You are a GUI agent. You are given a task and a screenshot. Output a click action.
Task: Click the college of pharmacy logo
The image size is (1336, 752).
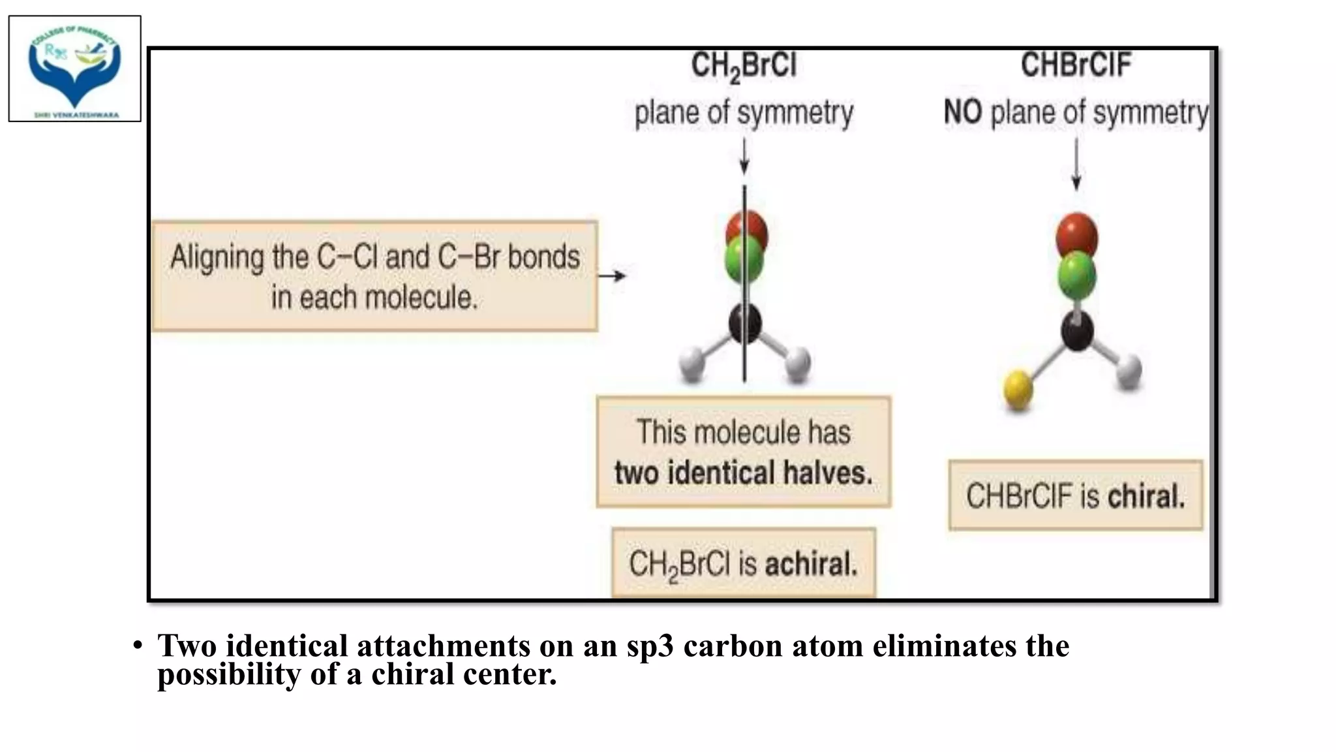(74, 69)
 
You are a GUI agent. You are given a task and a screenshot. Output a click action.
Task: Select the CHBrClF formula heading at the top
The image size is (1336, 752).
(1076, 65)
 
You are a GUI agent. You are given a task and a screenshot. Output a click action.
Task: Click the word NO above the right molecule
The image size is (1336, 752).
(963, 113)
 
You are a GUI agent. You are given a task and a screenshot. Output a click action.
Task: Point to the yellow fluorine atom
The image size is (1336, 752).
(1018, 389)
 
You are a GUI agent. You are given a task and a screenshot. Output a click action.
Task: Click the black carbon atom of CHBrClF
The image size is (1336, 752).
(1077, 330)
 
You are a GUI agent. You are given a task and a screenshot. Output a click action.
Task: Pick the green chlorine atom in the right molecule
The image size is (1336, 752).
(1077, 275)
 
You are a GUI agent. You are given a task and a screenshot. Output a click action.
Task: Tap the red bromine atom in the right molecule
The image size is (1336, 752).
(1077, 234)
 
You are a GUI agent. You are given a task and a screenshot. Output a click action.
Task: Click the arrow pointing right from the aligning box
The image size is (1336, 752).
(612, 276)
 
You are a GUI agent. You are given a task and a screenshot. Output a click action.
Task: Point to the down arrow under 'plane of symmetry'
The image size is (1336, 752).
(744, 158)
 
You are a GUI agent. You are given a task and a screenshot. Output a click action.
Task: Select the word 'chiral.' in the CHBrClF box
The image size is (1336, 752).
(1146, 496)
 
